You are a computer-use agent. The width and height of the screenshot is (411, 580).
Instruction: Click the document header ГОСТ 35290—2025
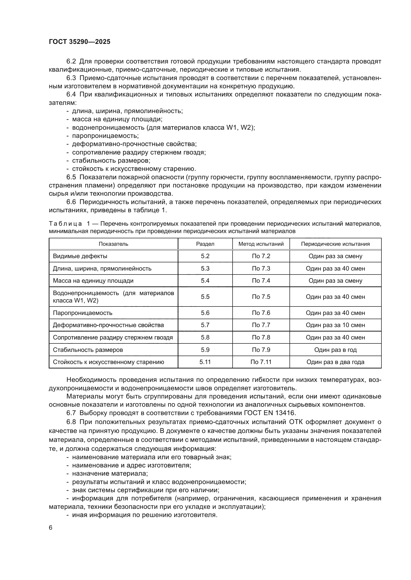coord(80,42)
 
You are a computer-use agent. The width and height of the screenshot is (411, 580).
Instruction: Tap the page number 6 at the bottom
coord(51,528)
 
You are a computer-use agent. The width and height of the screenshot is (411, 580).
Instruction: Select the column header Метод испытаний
coord(261,244)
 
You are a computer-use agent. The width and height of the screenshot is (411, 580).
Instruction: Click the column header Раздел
coord(205,244)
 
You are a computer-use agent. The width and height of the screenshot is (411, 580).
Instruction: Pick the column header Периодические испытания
coord(335,244)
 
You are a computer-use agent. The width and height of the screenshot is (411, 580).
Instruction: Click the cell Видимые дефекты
coord(80,256)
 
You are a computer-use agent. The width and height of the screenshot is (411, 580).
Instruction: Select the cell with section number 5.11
coord(205,362)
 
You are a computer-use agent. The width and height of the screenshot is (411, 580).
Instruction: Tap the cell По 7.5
coord(261,297)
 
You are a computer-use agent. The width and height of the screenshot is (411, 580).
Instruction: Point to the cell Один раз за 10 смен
coord(335,325)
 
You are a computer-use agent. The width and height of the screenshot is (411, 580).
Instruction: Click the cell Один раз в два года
coord(335,362)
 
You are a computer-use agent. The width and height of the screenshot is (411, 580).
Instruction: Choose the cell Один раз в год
coord(335,350)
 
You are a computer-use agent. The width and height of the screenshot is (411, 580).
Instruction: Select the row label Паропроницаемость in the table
coord(82,313)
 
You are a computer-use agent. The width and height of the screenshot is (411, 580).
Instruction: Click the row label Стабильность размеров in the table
coord(88,350)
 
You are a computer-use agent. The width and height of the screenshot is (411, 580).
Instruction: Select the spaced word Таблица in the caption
coord(65,224)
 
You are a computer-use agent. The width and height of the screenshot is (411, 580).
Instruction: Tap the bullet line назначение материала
coord(110,474)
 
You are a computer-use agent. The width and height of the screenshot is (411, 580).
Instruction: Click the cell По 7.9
coord(261,350)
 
